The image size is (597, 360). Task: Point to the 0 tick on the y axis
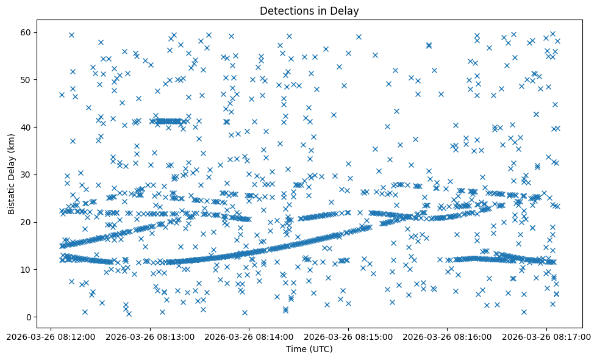pyautogui.click(x=28, y=317)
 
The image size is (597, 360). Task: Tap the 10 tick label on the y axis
pyautogui.click(x=26, y=269)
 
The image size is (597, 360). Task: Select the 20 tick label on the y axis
pyautogui.click(x=26, y=221)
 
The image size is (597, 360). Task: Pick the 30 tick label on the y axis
pyautogui.click(x=26, y=175)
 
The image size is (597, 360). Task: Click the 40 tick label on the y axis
pyautogui.click(x=26, y=127)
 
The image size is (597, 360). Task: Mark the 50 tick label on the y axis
pyautogui.click(x=26, y=79)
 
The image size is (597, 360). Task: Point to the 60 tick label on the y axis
pyautogui.click(x=26, y=32)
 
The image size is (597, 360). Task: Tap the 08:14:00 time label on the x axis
pyautogui.click(x=249, y=336)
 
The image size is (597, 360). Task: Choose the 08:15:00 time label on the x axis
pyautogui.click(x=349, y=336)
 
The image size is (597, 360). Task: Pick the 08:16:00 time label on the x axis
pyautogui.click(x=448, y=336)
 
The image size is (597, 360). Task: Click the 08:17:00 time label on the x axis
pyautogui.click(x=546, y=336)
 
